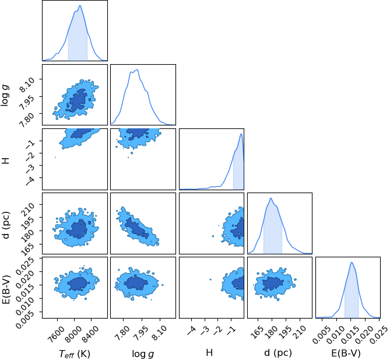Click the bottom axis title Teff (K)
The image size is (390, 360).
(75, 353)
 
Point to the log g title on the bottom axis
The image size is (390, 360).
(143, 354)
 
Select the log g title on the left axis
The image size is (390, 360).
(5, 96)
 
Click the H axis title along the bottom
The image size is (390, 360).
(209, 352)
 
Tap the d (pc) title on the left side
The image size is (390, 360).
(5, 225)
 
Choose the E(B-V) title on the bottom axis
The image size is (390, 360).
(346, 353)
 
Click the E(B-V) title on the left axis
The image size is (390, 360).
(5, 289)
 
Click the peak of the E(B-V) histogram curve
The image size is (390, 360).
(352, 262)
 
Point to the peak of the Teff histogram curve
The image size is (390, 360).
(80, 5)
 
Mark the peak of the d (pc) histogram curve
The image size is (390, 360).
(270, 198)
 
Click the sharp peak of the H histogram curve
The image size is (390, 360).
(241, 134)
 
